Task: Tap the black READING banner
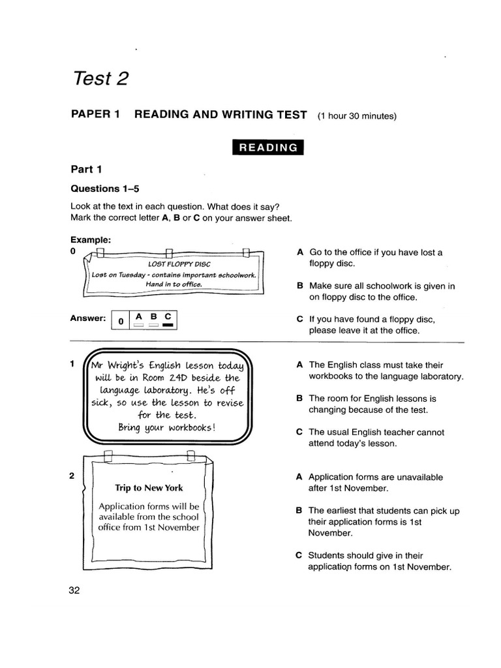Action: [268, 147]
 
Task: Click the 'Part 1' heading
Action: [86, 169]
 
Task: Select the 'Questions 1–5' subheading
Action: [104, 189]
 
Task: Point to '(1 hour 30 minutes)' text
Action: [357, 117]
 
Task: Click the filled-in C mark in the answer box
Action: [168, 324]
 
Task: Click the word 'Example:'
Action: [91, 240]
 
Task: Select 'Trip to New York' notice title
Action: [149, 487]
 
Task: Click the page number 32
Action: [74, 590]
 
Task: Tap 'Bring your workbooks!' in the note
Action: [166, 428]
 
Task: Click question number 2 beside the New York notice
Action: [72, 476]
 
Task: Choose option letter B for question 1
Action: [299, 398]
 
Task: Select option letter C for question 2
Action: [299, 555]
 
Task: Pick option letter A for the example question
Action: [299, 252]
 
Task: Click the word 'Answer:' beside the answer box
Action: [87, 318]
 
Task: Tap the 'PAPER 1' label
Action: [95, 115]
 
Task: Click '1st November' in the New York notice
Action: [170, 527]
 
